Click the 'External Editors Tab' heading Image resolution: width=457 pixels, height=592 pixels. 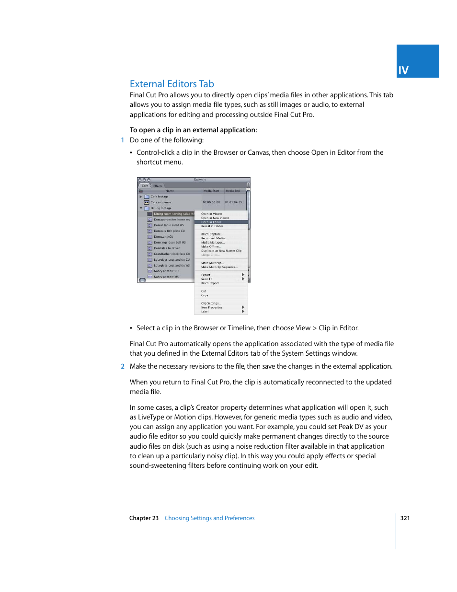coord(171,84)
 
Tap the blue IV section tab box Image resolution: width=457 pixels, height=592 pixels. coord(417,61)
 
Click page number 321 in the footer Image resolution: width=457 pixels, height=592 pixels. coord(405,518)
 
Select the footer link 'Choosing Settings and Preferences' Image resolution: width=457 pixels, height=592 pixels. coord(209,518)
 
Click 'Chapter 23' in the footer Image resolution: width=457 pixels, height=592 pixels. coord(144,518)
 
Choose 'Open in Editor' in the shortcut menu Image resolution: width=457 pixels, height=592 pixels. coord(211,222)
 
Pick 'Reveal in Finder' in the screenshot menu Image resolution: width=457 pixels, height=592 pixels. coord(212,226)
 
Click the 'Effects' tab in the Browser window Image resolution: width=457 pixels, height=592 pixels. coord(158,186)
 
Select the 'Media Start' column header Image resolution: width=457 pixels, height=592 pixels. coord(211,191)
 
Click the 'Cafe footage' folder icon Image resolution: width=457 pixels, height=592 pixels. coord(147,197)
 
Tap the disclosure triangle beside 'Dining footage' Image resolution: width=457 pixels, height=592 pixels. coord(141,208)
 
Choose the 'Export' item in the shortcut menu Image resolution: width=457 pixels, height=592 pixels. coord(206,275)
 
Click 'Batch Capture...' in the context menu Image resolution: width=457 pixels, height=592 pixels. coord(212,234)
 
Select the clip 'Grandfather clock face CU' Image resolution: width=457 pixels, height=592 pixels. coord(171,254)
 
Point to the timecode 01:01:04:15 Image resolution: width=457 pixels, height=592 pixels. coord(233,202)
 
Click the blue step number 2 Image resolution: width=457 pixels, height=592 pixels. coord(123,366)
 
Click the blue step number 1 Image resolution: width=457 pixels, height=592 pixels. coord(123,140)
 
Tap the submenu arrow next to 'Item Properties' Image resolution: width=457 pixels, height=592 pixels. coord(243,307)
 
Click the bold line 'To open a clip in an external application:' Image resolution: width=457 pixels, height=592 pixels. coord(193,130)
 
